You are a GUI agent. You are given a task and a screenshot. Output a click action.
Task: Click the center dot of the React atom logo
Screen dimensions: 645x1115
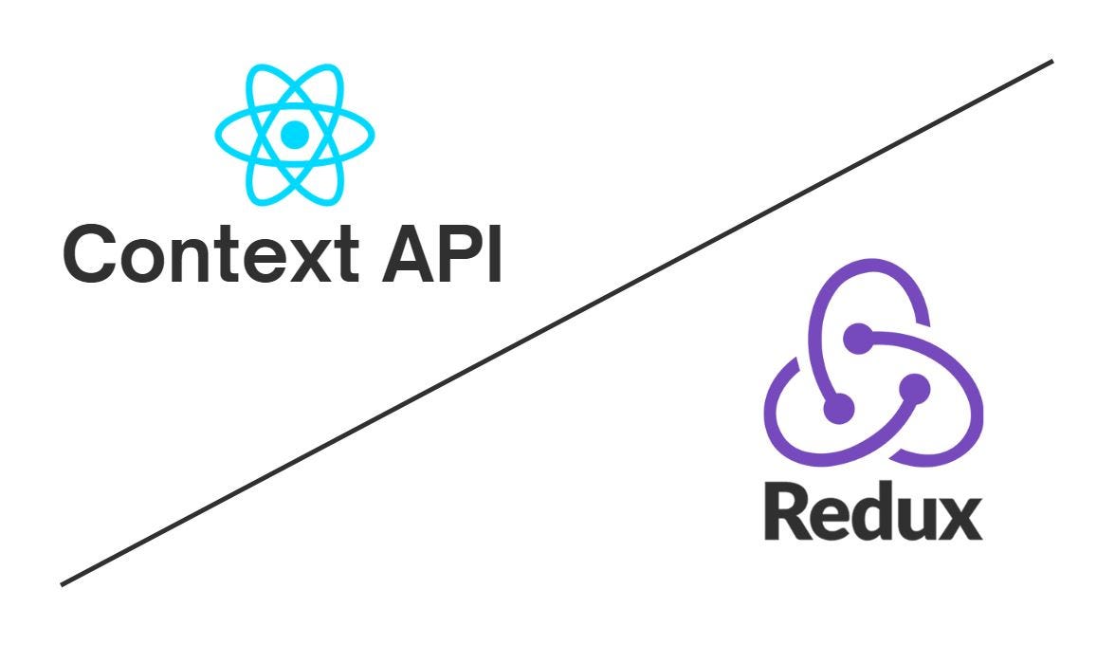point(295,134)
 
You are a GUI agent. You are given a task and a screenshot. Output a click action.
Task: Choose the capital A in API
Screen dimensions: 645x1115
point(405,253)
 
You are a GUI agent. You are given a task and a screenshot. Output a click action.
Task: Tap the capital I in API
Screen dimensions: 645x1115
point(492,253)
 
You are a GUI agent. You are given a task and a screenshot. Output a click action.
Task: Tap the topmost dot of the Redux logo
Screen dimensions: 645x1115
point(857,335)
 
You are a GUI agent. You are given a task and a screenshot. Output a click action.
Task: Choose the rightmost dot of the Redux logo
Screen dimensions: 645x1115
point(914,386)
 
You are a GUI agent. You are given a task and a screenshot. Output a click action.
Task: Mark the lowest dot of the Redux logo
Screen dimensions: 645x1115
point(839,409)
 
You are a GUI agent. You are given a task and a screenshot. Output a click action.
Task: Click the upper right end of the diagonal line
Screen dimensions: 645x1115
point(1051,63)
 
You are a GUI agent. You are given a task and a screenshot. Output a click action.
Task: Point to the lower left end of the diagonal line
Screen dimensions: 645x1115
point(64,583)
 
